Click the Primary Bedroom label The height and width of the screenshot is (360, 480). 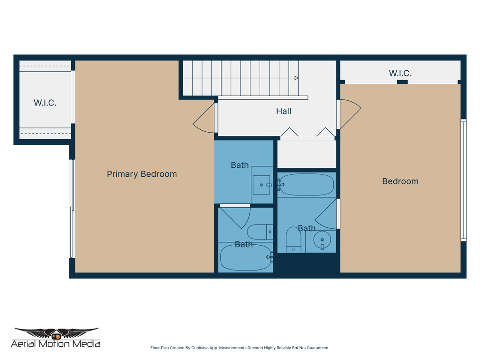pos(142,174)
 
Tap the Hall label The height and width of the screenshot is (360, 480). pos(283,111)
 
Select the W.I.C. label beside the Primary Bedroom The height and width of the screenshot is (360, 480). pos(45,103)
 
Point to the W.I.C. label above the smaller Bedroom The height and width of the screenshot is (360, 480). pos(400,73)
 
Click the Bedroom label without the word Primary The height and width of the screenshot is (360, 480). pos(400,181)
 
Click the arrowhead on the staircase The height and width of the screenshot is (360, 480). pos(296,78)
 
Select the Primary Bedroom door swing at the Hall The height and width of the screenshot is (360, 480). pos(204,118)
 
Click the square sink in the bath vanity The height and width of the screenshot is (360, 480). pos(261,185)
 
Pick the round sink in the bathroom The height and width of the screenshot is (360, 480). pos(322,240)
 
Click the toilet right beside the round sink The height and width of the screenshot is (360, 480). pos(293,240)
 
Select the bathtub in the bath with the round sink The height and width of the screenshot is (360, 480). pos(307,185)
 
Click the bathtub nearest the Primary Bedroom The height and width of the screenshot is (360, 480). pos(245,257)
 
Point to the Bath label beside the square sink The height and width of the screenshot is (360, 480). pos(240,165)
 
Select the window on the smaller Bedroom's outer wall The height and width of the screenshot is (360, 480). pos(463,180)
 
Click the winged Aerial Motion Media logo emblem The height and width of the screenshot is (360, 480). pos(56,333)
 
